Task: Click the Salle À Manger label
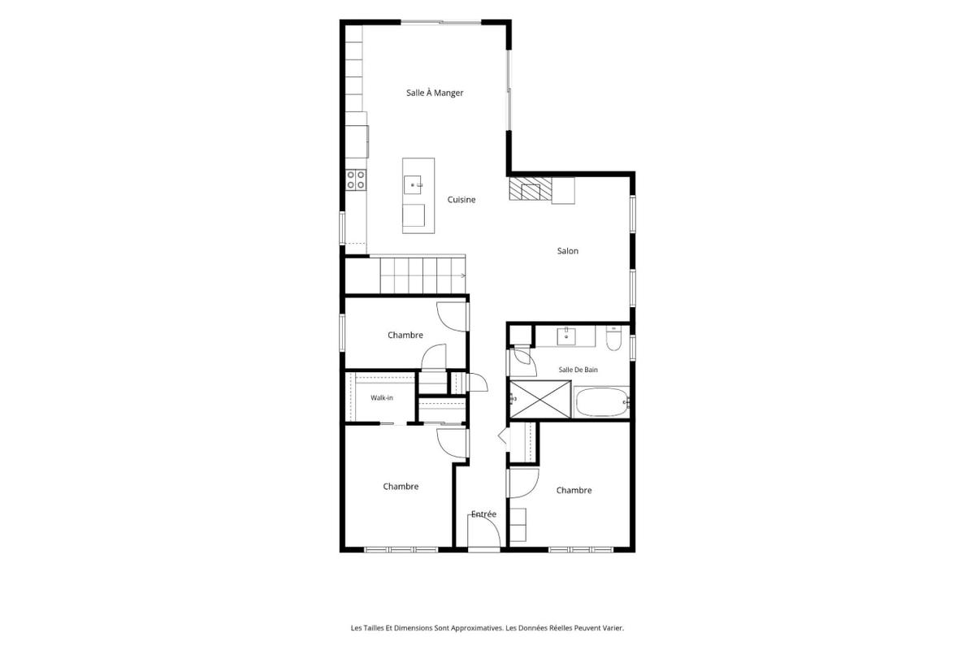(x=435, y=93)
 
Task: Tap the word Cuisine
(x=461, y=199)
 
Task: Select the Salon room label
(x=568, y=251)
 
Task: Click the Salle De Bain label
(x=578, y=370)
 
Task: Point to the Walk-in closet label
(x=382, y=397)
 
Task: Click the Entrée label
(x=483, y=514)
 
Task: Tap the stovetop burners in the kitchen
(x=356, y=180)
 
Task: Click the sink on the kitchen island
(x=413, y=184)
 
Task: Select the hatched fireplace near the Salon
(x=531, y=188)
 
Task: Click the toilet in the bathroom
(x=613, y=338)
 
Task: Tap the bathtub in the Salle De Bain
(x=600, y=402)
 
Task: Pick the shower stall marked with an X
(x=540, y=400)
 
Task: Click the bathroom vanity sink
(x=566, y=336)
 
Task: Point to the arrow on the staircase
(x=462, y=275)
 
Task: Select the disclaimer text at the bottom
(x=487, y=628)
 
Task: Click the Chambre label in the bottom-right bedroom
(x=574, y=490)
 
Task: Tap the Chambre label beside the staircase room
(x=405, y=335)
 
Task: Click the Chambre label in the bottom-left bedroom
(x=401, y=487)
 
